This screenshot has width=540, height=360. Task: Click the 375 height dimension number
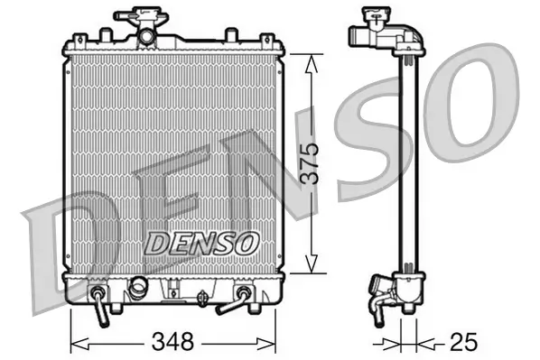[310, 162]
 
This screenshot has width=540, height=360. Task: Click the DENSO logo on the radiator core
[202, 242]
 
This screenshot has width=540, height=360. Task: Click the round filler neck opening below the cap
[144, 35]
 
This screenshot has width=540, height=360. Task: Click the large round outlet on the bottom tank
[138, 290]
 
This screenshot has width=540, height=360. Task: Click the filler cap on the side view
[370, 18]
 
